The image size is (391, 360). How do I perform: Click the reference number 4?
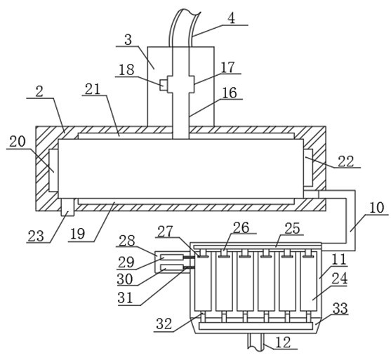(x=232, y=18)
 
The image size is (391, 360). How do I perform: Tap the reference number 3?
(x=128, y=39)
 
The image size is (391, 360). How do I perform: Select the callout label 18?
(x=126, y=69)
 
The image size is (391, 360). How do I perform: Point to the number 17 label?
(x=227, y=67)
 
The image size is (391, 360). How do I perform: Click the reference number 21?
(x=93, y=89)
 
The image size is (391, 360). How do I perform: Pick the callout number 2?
(x=39, y=91)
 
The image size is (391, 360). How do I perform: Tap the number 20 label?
(x=18, y=142)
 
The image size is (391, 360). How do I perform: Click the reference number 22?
(x=346, y=161)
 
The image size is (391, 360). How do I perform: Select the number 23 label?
(x=36, y=236)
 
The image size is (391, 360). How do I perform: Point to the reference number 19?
(x=77, y=234)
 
